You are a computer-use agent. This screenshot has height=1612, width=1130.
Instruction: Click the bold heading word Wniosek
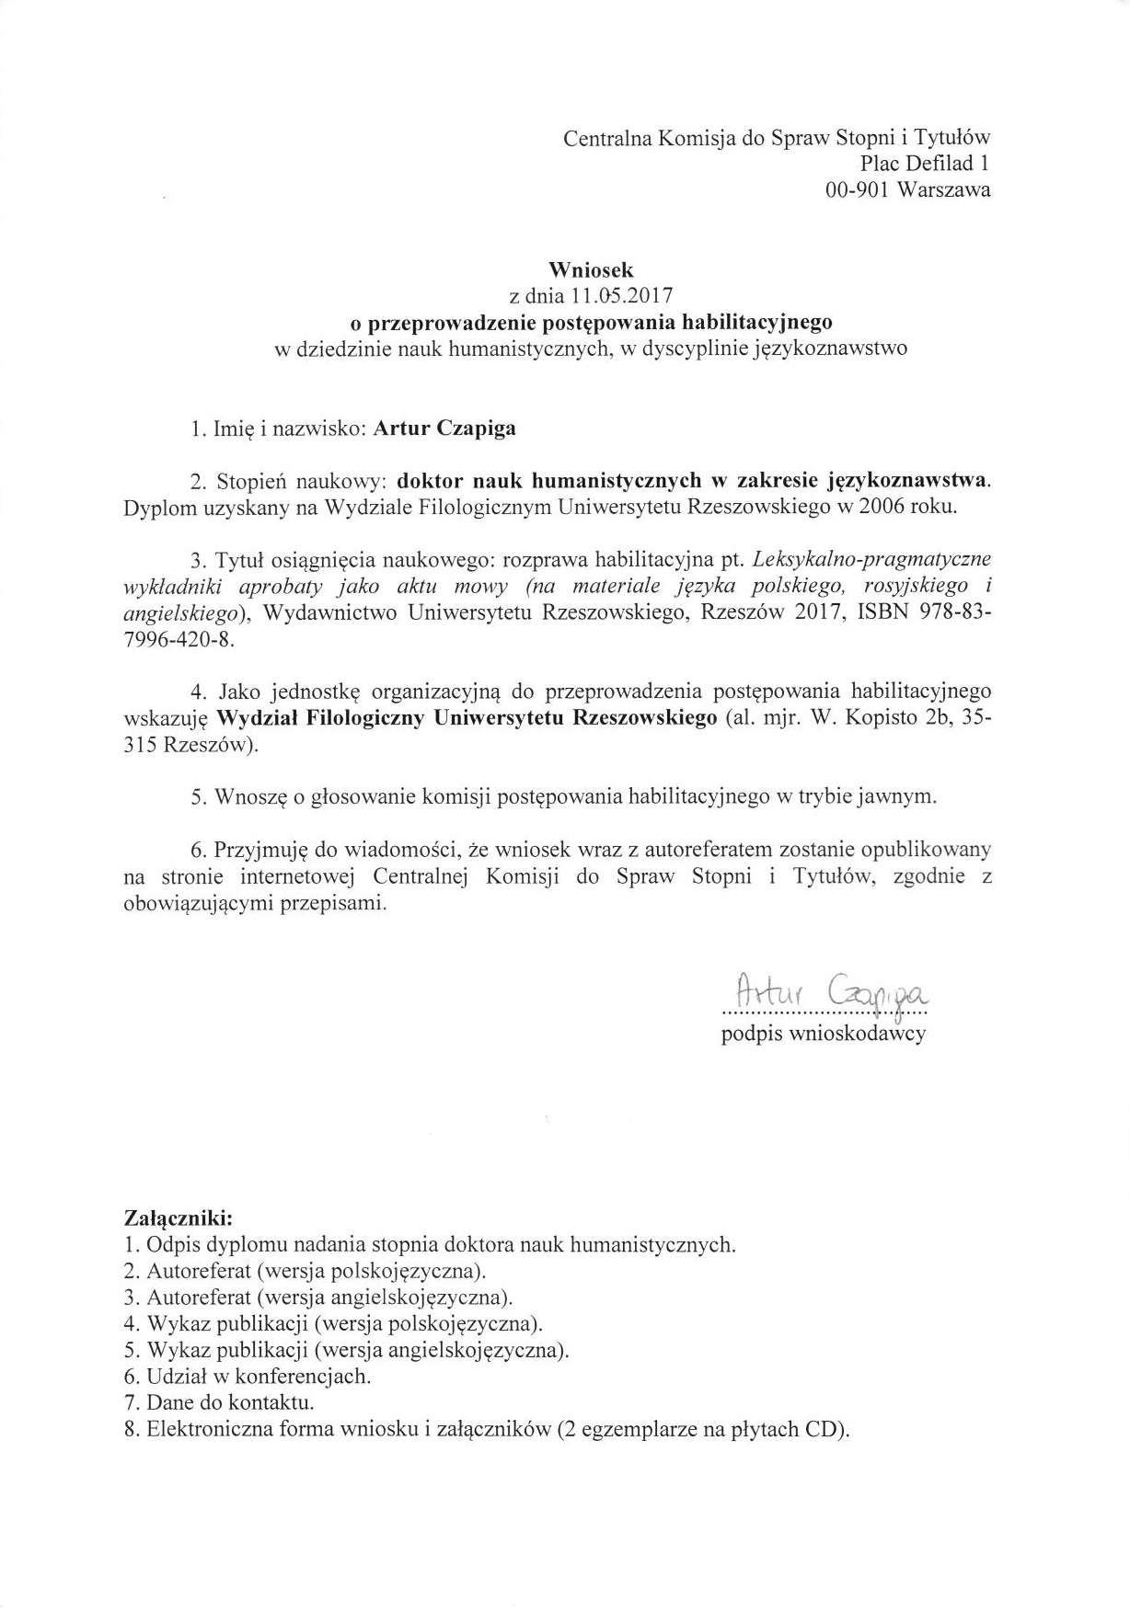coord(591,270)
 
